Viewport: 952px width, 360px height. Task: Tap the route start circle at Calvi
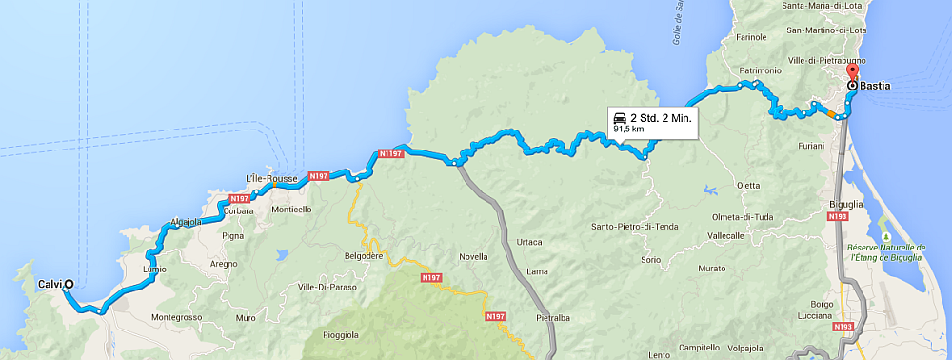tap(69, 284)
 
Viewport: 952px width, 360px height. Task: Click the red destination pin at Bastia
tap(852, 72)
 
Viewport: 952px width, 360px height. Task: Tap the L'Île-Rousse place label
tap(272, 179)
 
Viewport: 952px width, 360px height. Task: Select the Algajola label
tap(188, 222)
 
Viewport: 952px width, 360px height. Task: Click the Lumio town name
tap(153, 269)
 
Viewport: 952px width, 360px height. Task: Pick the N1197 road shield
tap(391, 152)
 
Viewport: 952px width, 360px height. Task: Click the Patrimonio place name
tap(760, 70)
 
